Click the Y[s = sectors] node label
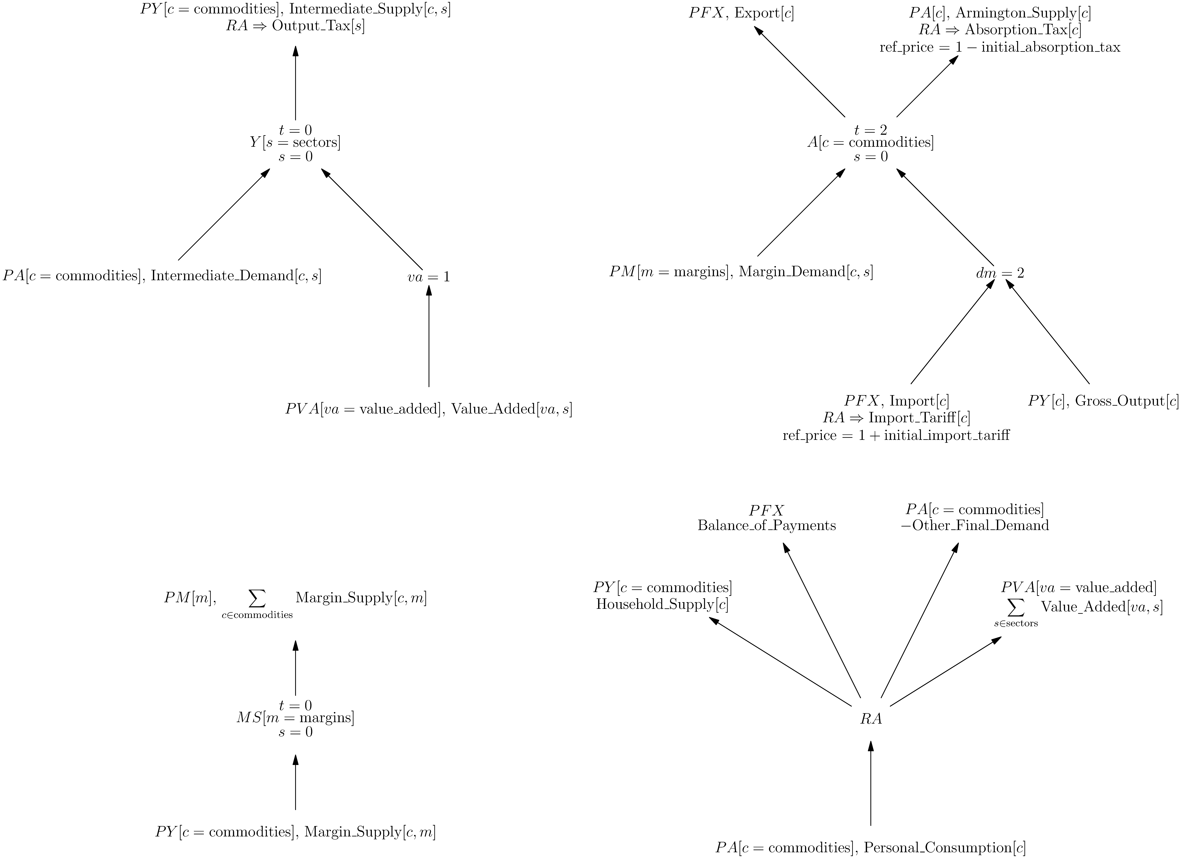(x=295, y=142)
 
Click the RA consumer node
(x=871, y=719)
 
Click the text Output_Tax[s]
(x=318, y=27)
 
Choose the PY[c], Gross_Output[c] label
(x=1103, y=401)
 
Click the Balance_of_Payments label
(x=767, y=525)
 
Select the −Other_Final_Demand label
(x=975, y=525)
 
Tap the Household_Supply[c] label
(x=662, y=605)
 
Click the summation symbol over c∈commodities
(x=257, y=598)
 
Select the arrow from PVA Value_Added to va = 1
(x=429, y=339)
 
